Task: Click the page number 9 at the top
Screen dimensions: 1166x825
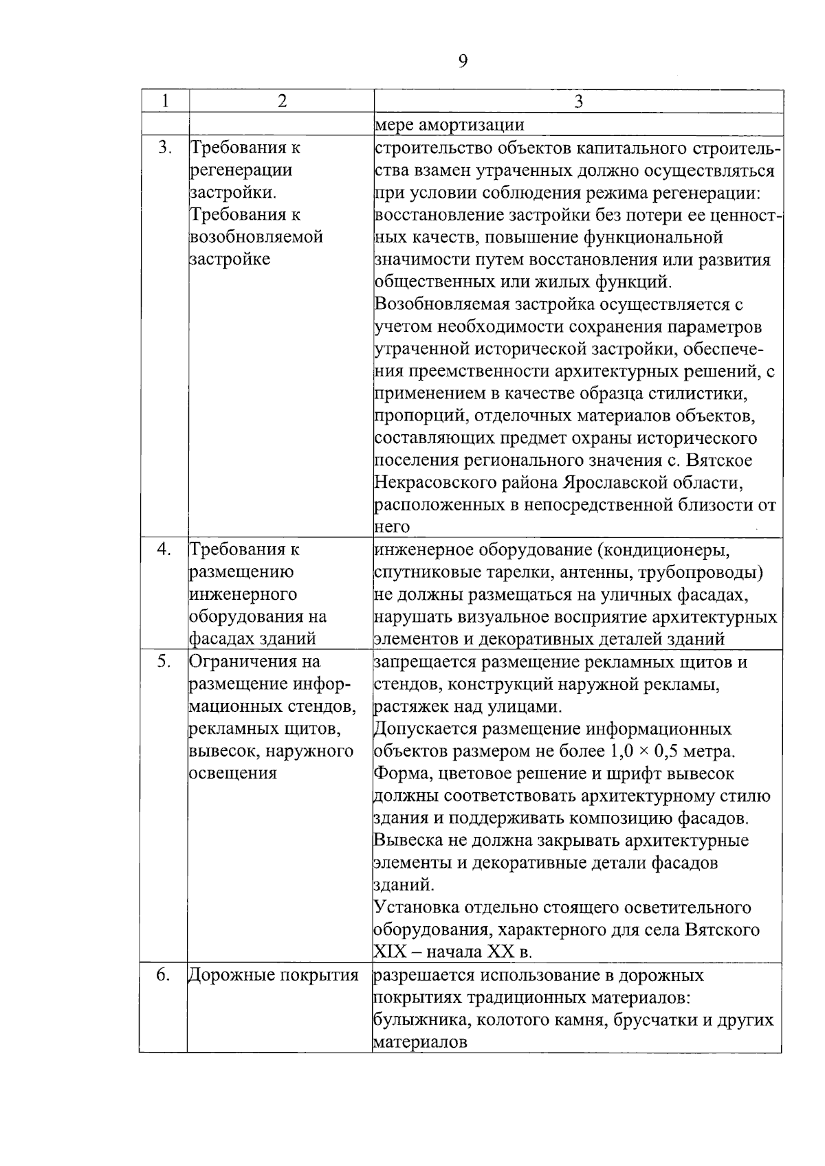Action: [x=462, y=62]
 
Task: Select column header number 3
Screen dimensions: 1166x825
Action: [x=578, y=102]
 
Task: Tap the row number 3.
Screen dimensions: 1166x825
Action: [x=164, y=147]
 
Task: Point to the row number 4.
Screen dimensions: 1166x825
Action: [x=164, y=549]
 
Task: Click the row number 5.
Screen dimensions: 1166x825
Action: [x=164, y=662]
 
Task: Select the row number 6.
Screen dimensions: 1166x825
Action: [x=164, y=975]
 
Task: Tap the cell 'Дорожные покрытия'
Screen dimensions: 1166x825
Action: [x=274, y=975]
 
